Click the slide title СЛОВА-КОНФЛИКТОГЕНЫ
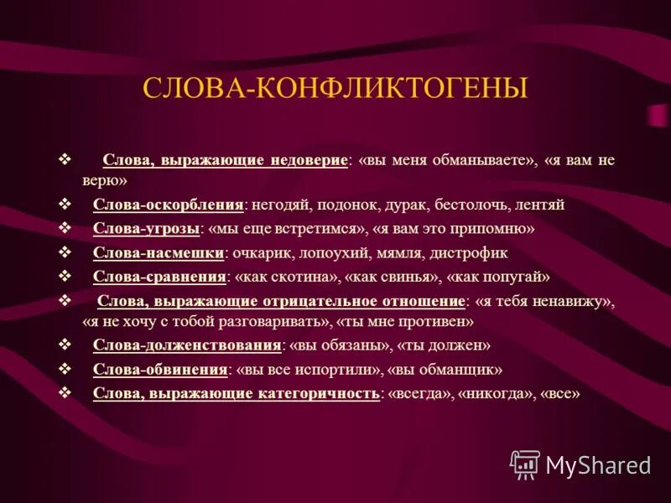335,88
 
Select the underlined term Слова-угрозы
147,228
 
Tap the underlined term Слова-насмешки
159,252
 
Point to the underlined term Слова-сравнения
159,276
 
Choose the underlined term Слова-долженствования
186,345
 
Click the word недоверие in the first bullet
309,160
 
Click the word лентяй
539,204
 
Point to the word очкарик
263,252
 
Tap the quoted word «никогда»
497,393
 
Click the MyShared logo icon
525,464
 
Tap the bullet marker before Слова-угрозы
65,228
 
